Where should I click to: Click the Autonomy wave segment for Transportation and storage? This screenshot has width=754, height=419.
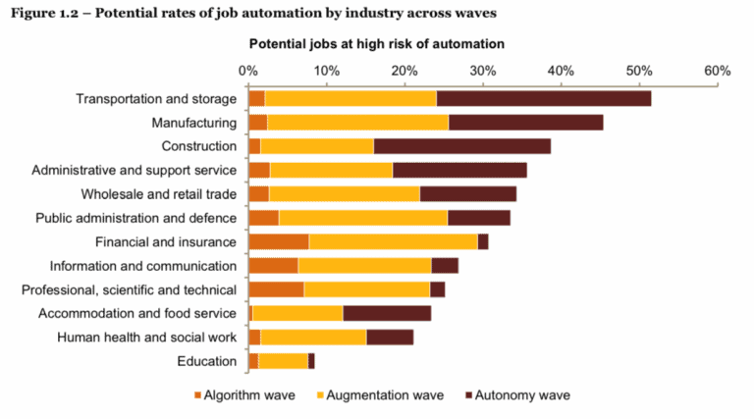tap(543, 99)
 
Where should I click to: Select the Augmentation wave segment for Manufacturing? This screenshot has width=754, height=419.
tap(357, 123)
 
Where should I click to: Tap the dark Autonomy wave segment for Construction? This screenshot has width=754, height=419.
tap(461, 146)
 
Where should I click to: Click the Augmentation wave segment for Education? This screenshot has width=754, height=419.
tap(283, 361)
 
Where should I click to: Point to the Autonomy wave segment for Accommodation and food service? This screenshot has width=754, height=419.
tap(387, 313)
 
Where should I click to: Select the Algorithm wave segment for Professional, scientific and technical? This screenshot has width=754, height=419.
tap(276, 289)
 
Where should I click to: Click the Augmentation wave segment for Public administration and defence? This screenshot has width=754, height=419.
tap(362, 218)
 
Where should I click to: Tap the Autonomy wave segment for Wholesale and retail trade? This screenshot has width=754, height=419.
tap(467, 194)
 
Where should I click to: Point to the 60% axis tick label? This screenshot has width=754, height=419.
tap(717, 71)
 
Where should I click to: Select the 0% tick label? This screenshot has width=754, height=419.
tap(247, 71)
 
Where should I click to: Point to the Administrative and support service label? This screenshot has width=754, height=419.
tap(135, 171)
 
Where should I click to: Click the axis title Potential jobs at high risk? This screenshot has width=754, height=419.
tap(376, 44)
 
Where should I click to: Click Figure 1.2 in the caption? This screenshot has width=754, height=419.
tap(44, 13)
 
